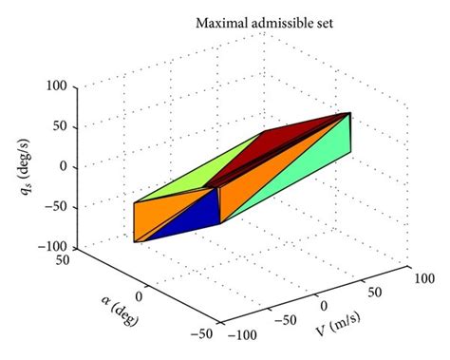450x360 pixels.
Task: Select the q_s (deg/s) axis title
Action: tap(28, 169)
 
